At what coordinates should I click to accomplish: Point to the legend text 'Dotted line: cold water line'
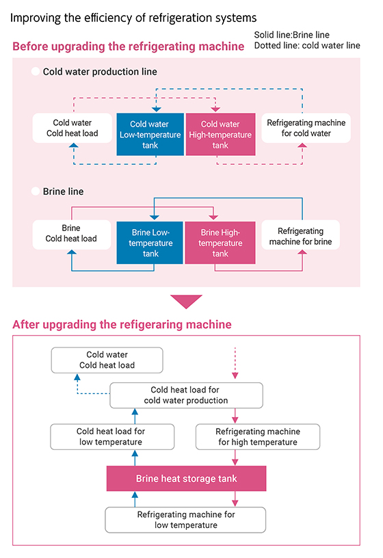(x=306, y=46)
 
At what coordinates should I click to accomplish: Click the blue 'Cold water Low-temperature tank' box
(x=150, y=134)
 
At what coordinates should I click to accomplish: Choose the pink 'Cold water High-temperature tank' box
(x=220, y=134)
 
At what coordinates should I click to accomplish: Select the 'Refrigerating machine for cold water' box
(x=306, y=128)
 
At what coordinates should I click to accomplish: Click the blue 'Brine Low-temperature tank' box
(x=150, y=243)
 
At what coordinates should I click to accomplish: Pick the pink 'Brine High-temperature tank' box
(x=220, y=243)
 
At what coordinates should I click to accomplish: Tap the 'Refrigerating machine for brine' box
(x=306, y=236)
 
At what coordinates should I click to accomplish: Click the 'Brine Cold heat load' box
(x=71, y=233)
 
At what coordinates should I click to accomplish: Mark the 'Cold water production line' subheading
(x=100, y=71)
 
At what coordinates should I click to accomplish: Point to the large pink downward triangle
(x=186, y=301)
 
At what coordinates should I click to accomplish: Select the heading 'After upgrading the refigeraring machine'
(x=122, y=324)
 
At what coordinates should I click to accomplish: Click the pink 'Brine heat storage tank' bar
(x=185, y=478)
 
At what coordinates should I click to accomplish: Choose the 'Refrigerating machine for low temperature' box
(x=185, y=520)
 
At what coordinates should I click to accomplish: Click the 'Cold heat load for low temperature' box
(x=110, y=436)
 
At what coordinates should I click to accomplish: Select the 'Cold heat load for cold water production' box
(x=186, y=395)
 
